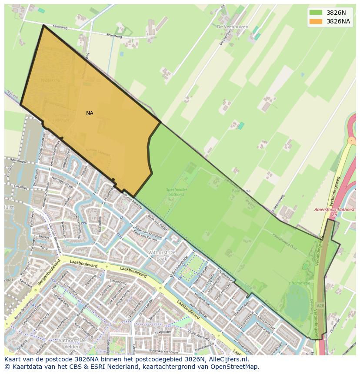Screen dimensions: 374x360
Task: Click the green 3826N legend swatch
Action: pos(316,13)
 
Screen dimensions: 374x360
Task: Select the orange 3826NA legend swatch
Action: pos(316,21)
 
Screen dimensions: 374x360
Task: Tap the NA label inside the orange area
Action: pos(90,113)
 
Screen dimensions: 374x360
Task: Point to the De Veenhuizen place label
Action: pos(232,27)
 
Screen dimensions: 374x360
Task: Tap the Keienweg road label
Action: pos(60,27)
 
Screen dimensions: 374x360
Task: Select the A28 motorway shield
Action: pos(320,306)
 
